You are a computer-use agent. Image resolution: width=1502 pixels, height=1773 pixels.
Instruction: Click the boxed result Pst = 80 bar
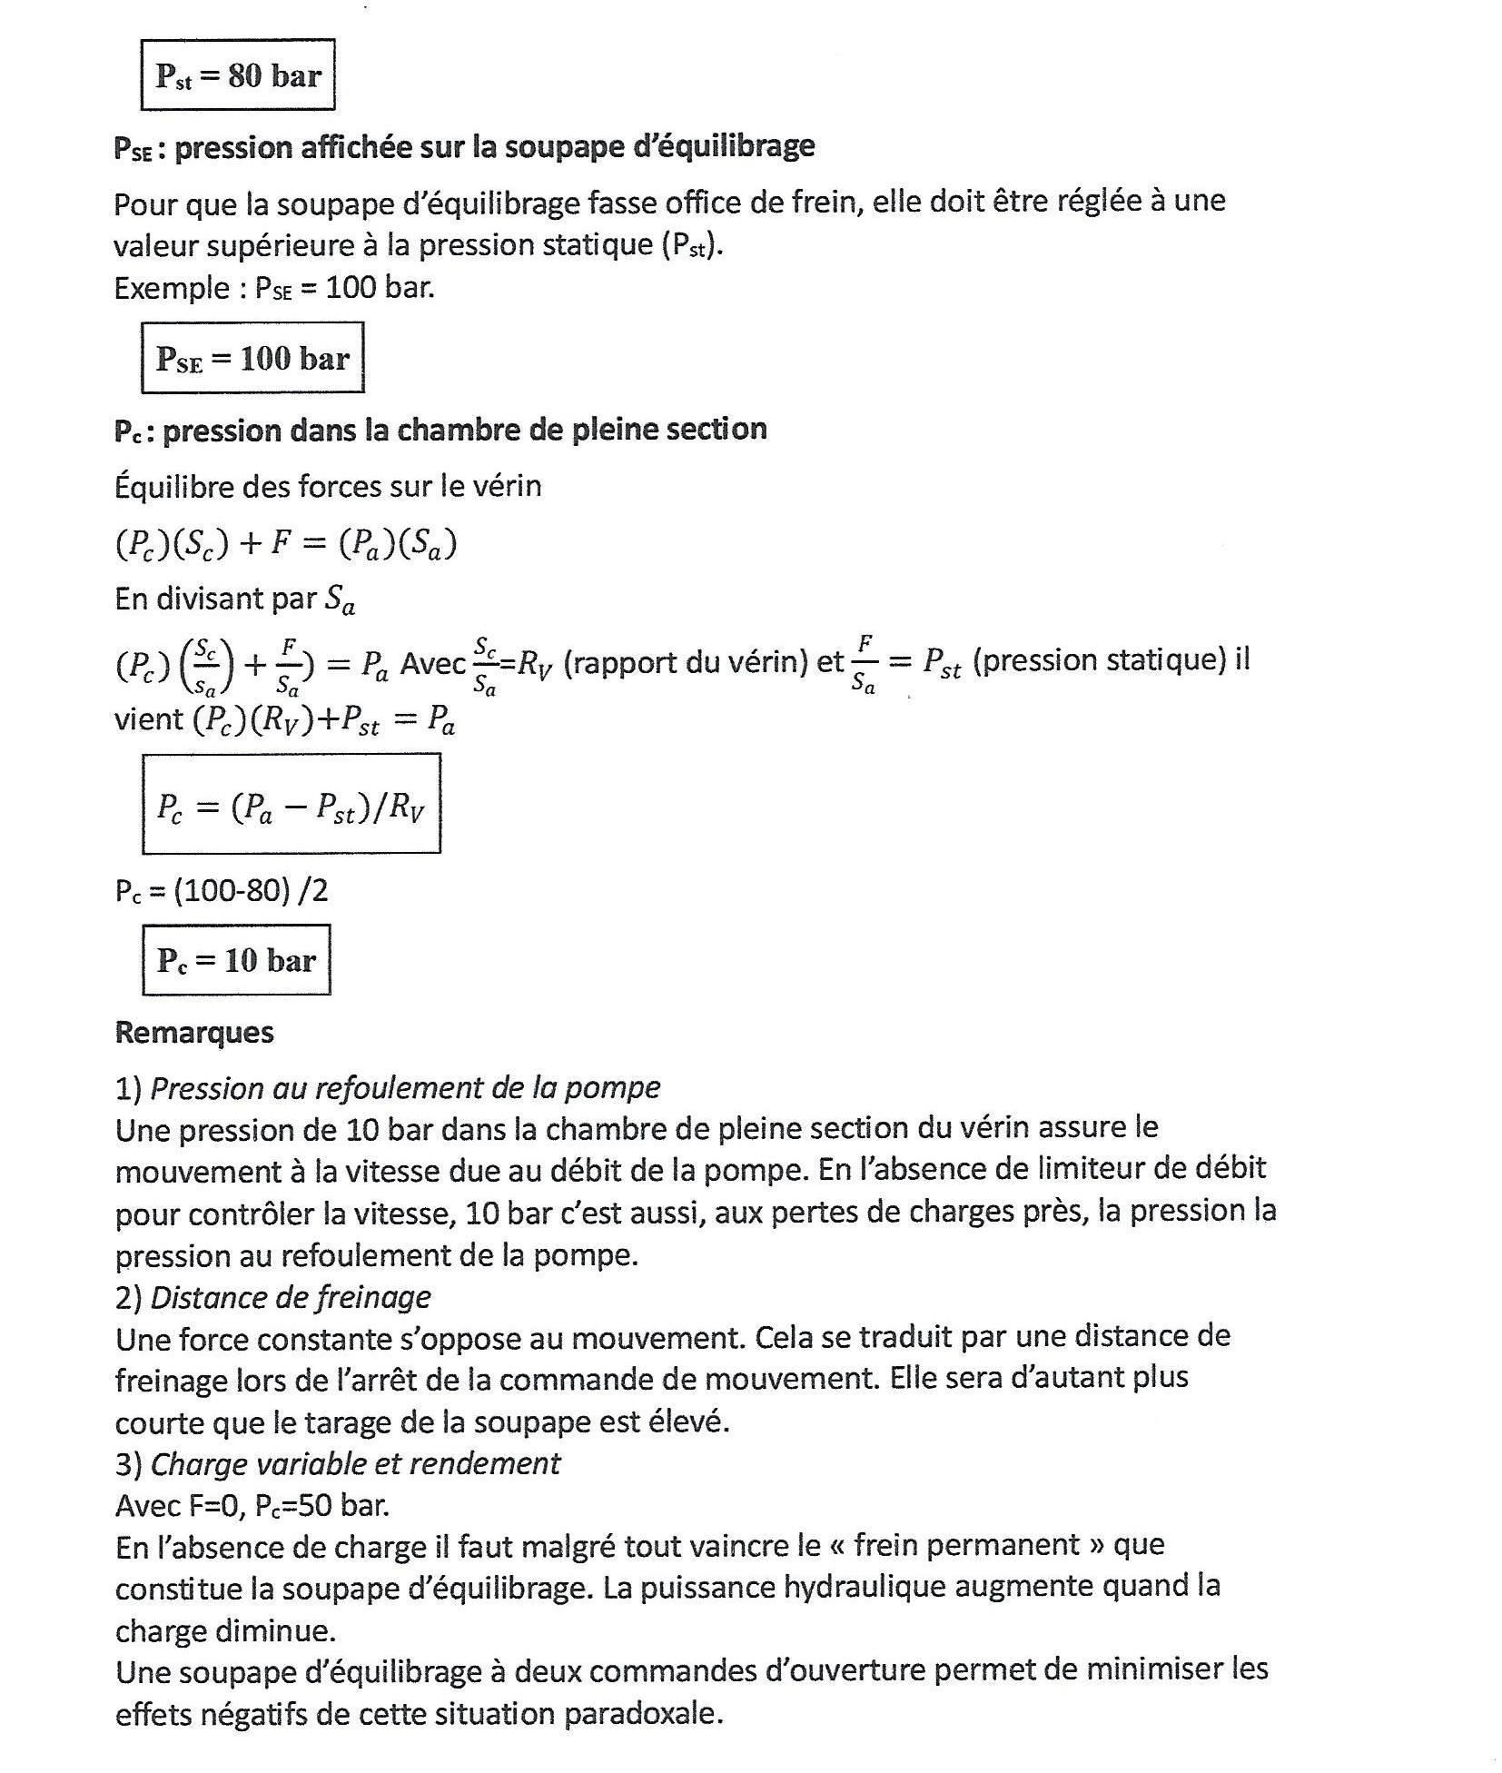pos(238,75)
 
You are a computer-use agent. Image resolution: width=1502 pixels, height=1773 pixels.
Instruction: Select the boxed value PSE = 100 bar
pos(252,358)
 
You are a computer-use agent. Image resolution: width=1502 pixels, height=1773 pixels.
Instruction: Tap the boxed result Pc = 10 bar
pos(236,960)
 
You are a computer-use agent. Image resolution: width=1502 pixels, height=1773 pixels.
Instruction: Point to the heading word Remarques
pos(194,1032)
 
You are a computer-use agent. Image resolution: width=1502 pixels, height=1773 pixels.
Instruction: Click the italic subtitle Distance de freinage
pos(291,1297)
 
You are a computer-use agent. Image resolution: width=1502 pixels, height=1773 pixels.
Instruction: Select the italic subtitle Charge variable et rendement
pos(355,1463)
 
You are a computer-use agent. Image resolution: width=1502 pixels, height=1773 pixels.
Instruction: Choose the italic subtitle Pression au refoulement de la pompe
pos(405,1087)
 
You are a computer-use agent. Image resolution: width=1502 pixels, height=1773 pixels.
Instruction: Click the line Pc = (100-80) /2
pos(222,890)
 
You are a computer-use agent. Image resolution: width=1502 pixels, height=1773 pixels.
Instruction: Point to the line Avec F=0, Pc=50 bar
pos(252,1506)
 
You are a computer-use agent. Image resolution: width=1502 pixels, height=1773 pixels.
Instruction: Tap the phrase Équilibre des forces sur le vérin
pos(328,486)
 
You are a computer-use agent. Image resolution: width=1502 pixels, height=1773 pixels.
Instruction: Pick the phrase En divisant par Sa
pos(234,599)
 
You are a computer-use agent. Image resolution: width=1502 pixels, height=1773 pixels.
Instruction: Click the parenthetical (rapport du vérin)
pos(686,661)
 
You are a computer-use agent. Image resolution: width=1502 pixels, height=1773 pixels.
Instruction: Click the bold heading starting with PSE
pos(464,147)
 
